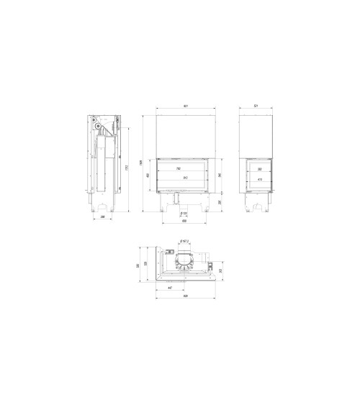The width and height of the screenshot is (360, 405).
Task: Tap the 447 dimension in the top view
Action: [170, 288]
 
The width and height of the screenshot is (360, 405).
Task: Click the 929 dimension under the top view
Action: [185, 296]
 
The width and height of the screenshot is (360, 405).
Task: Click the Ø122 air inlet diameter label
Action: [184, 213]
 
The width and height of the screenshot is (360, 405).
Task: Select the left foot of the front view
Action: [166, 207]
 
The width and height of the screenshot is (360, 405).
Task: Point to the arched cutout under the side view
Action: [256, 207]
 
